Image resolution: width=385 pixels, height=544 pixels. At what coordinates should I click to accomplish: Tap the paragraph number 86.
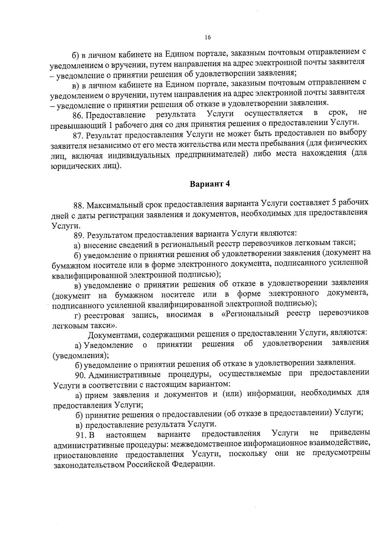78,115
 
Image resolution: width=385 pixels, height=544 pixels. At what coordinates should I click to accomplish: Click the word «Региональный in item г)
250,314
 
